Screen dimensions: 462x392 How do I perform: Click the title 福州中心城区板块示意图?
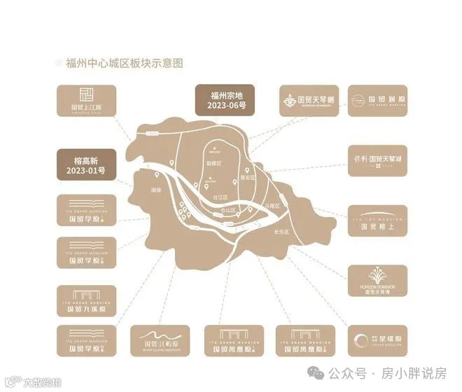click(124, 63)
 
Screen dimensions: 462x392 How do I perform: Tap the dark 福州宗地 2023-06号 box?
click(224, 100)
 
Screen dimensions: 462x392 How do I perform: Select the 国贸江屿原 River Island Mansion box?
click(161, 340)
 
